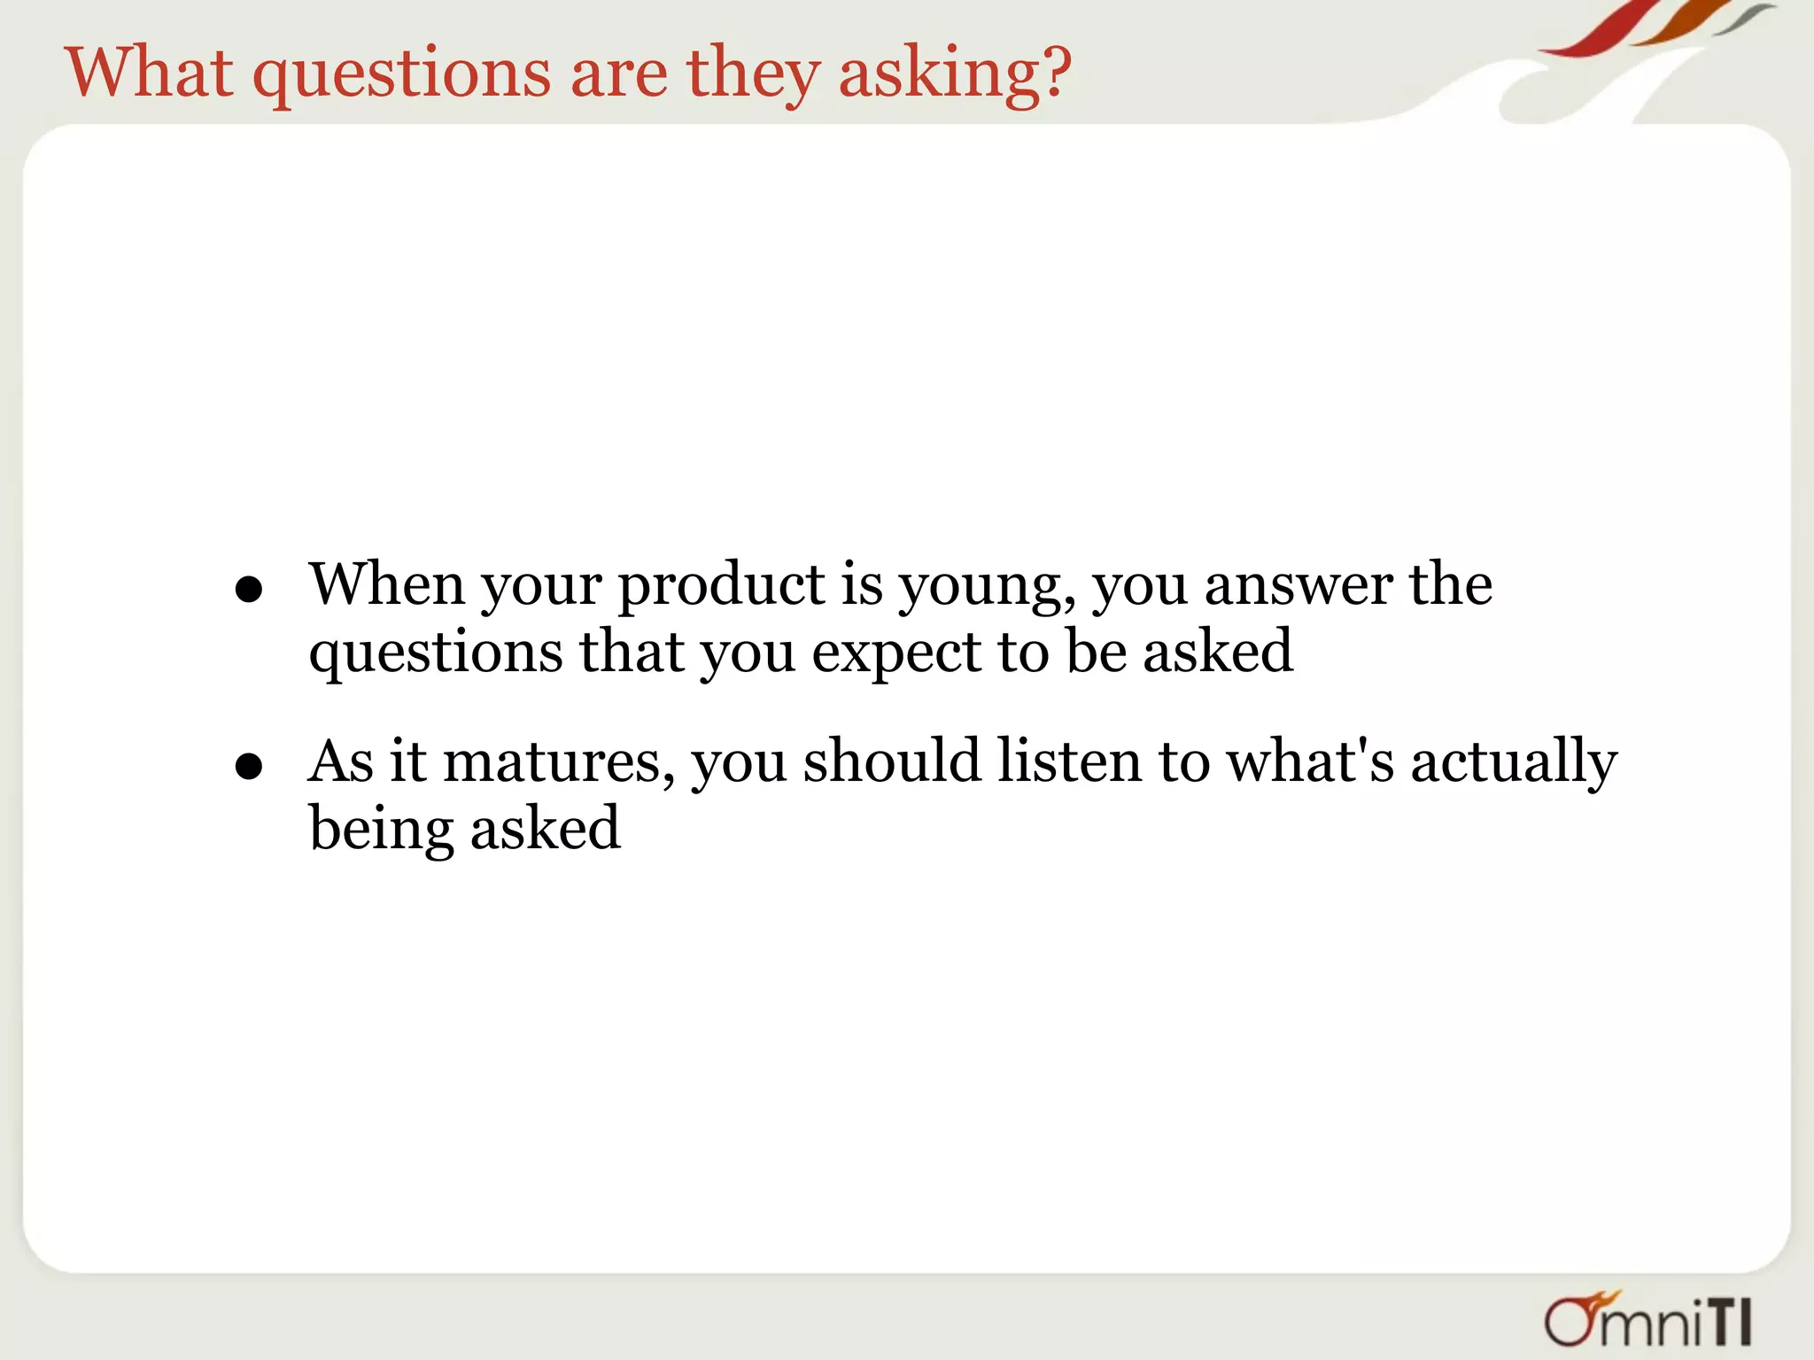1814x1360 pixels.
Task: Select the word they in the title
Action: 752,74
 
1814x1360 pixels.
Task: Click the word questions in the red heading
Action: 402,74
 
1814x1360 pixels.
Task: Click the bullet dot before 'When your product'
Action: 249,590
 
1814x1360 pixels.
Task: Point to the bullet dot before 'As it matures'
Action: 249,766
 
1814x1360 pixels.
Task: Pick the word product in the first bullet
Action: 721,586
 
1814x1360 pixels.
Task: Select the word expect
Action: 895,654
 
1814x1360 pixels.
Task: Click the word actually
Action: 1514,763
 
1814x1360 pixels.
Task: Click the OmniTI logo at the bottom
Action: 1647,1320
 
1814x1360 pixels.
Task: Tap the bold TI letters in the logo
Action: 1728,1324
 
